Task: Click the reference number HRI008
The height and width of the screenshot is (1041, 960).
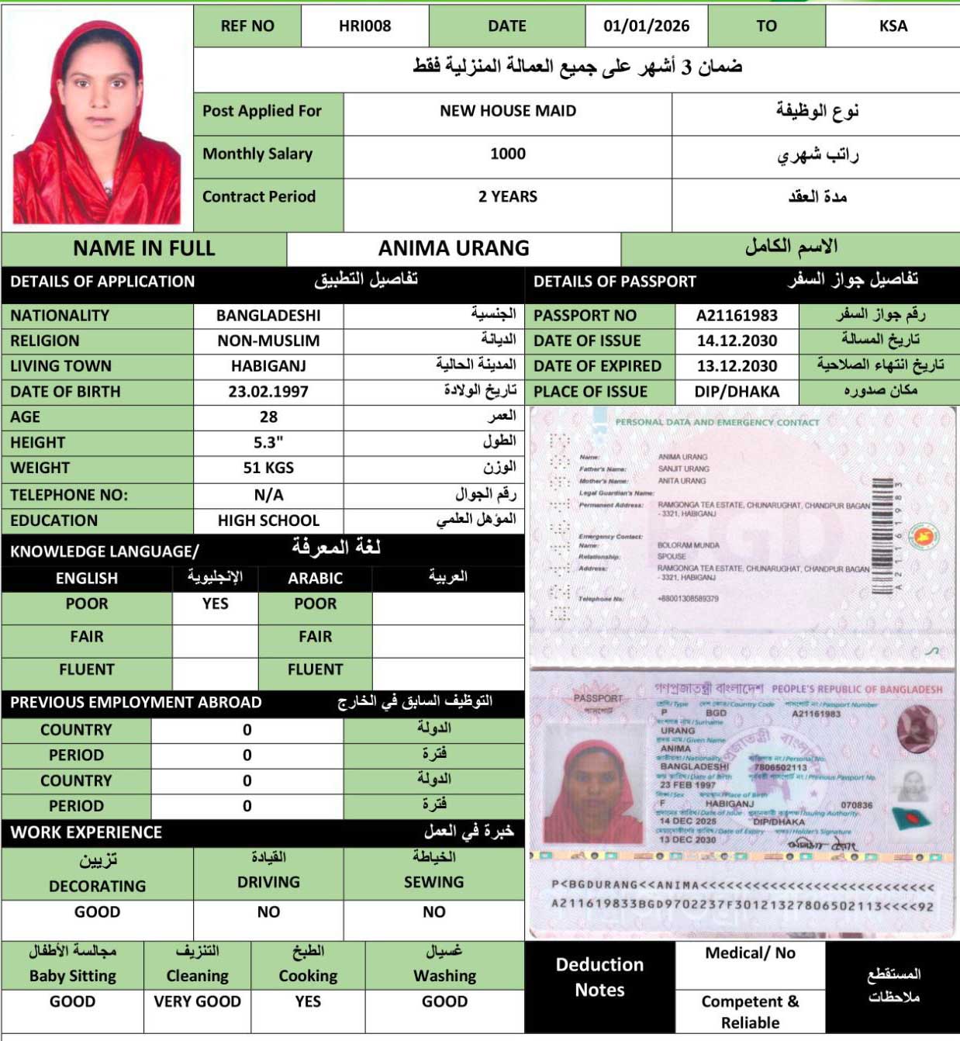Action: click(364, 26)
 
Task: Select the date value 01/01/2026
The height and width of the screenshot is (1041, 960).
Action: click(646, 26)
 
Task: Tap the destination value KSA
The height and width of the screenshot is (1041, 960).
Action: click(893, 26)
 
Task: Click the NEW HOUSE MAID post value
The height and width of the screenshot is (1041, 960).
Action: click(508, 112)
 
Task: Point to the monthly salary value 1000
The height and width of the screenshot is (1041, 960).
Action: click(508, 154)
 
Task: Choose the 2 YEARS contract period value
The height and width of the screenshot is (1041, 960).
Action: click(508, 197)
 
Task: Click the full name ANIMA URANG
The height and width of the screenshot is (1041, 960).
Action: click(454, 248)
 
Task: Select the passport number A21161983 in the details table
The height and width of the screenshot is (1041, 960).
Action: click(736, 316)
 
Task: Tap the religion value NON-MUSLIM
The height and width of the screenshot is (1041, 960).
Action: click(268, 341)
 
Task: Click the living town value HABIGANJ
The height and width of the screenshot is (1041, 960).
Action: click(268, 366)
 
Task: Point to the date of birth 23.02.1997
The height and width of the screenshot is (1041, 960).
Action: click(268, 392)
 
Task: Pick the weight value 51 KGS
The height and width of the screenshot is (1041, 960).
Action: click(268, 469)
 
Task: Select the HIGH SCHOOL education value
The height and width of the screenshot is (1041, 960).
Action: click(268, 520)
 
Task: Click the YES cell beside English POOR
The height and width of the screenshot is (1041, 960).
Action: click(215, 604)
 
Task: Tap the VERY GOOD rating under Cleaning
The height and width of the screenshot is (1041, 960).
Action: click(197, 1001)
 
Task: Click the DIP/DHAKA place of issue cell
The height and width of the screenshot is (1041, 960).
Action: click(736, 392)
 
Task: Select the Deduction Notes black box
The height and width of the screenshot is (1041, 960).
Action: click(599, 977)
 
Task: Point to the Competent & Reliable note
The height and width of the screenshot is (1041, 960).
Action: click(750, 1012)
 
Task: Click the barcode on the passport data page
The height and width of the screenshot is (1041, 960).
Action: click(882, 537)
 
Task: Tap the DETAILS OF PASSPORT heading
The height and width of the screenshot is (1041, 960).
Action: click(614, 282)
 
